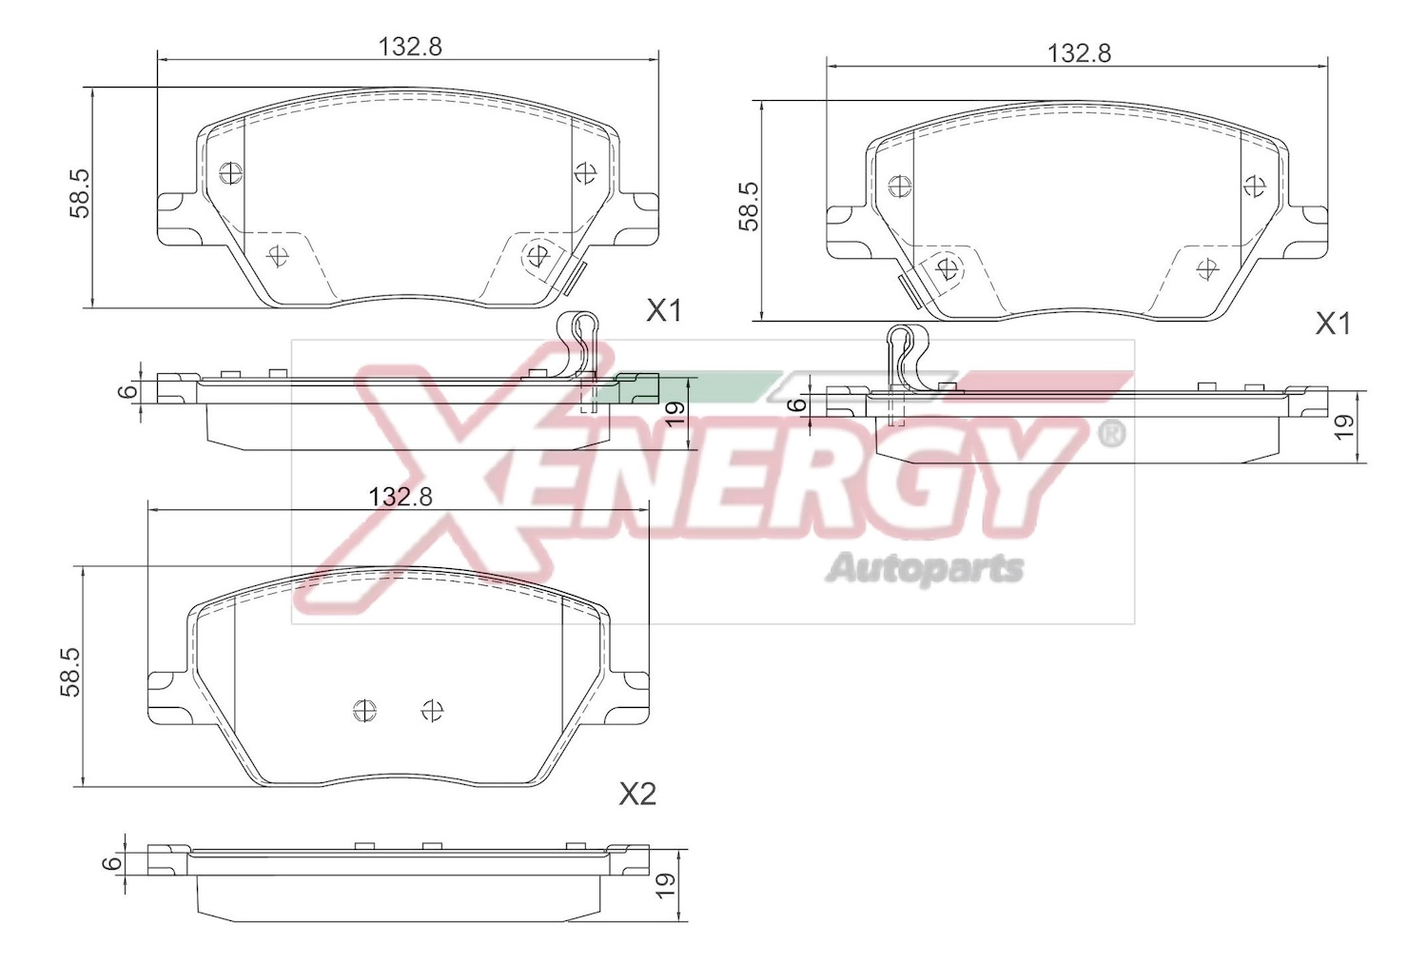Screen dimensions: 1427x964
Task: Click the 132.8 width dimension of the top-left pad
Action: point(410,47)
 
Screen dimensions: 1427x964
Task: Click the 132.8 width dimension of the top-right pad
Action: point(1080,53)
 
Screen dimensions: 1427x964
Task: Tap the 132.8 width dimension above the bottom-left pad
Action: point(401,497)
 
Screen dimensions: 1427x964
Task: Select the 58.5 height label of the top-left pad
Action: point(81,194)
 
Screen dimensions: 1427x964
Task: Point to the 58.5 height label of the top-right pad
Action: point(750,207)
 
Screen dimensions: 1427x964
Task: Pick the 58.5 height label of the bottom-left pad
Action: point(70,672)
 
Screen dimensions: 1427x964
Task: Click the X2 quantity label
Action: point(637,794)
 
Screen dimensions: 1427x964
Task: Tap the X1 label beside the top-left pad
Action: point(664,311)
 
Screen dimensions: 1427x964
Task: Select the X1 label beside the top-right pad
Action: point(1334,325)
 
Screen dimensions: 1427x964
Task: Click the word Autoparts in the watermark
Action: point(925,568)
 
